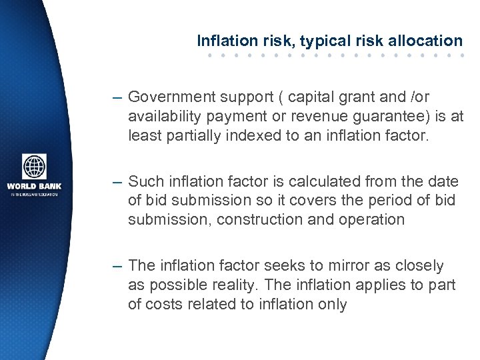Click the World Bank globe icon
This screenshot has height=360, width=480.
click(34, 167)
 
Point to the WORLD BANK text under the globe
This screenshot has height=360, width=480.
click(33, 186)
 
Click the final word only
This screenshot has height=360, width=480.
click(332, 305)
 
